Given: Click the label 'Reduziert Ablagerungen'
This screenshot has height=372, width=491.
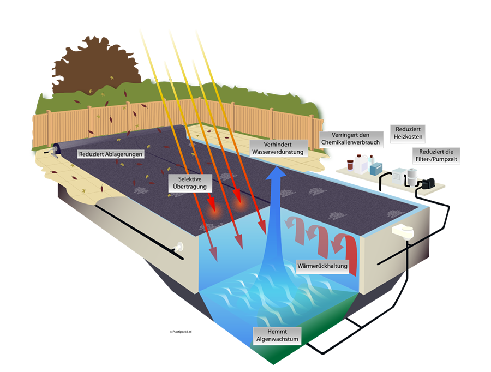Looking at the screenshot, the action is [x=111, y=154].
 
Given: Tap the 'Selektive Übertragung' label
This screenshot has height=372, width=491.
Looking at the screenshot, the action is [x=190, y=183].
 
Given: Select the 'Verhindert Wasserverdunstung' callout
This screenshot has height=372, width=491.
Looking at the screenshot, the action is [x=278, y=148].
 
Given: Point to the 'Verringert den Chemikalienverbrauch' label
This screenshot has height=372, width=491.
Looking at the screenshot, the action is [x=351, y=139].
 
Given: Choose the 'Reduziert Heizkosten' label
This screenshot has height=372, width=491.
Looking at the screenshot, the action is [x=408, y=133].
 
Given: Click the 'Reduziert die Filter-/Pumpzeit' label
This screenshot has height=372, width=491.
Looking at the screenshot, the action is [x=436, y=155].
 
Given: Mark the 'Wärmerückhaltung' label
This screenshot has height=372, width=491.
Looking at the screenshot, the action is [x=322, y=266].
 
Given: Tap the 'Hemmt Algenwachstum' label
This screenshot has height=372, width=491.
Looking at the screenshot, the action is [x=277, y=335].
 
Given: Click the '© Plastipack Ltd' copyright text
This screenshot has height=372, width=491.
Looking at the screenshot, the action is [x=181, y=332].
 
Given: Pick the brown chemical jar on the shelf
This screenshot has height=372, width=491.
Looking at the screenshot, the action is [x=350, y=165].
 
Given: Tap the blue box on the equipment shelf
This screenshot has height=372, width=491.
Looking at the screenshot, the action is [x=376, y=169].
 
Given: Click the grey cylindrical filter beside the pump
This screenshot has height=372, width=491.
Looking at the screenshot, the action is [x=412, y=176].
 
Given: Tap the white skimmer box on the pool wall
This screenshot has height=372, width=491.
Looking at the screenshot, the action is [x=403, y=232].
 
